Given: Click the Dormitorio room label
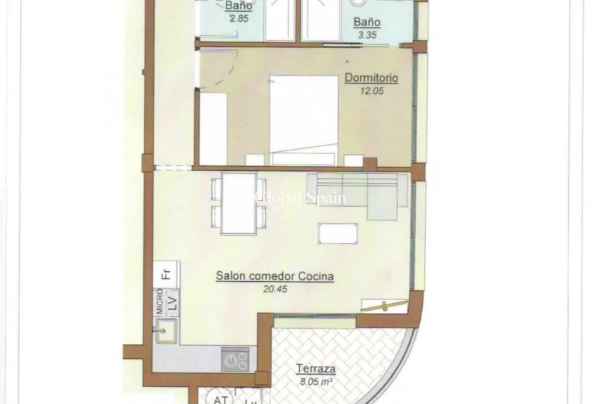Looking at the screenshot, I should point(371,78).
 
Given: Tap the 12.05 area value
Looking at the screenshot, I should point(371,91).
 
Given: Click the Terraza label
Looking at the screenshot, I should point(316,369).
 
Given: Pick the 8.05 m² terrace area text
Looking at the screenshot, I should point(316,382).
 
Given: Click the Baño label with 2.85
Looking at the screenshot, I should point(240,5).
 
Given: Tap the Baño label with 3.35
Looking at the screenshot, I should point(367,23).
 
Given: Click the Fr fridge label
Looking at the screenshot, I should point(166,274).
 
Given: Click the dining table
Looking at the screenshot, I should point(238,203).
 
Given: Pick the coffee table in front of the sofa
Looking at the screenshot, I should point(337,233).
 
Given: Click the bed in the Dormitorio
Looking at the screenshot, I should point(304,119).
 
